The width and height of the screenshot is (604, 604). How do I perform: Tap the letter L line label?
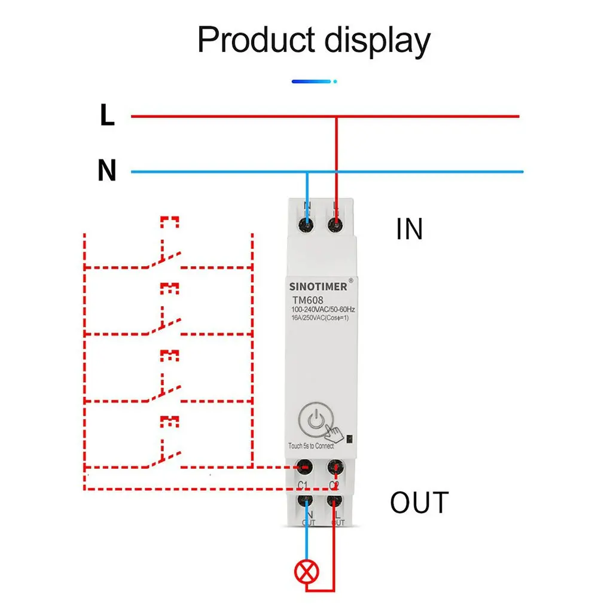107,116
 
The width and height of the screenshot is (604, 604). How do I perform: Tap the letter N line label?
107,172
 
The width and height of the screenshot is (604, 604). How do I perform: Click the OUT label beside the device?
419,503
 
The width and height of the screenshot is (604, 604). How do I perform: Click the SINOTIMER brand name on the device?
319,286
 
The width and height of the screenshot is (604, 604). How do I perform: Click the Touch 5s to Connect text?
311,446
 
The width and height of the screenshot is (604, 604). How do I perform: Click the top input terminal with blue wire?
307,225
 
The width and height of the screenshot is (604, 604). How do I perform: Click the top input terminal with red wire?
335,225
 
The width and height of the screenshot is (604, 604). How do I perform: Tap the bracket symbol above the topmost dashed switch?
169,222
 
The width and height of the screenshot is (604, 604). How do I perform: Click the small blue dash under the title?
311,81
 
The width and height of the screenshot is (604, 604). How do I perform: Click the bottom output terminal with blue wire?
307,502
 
